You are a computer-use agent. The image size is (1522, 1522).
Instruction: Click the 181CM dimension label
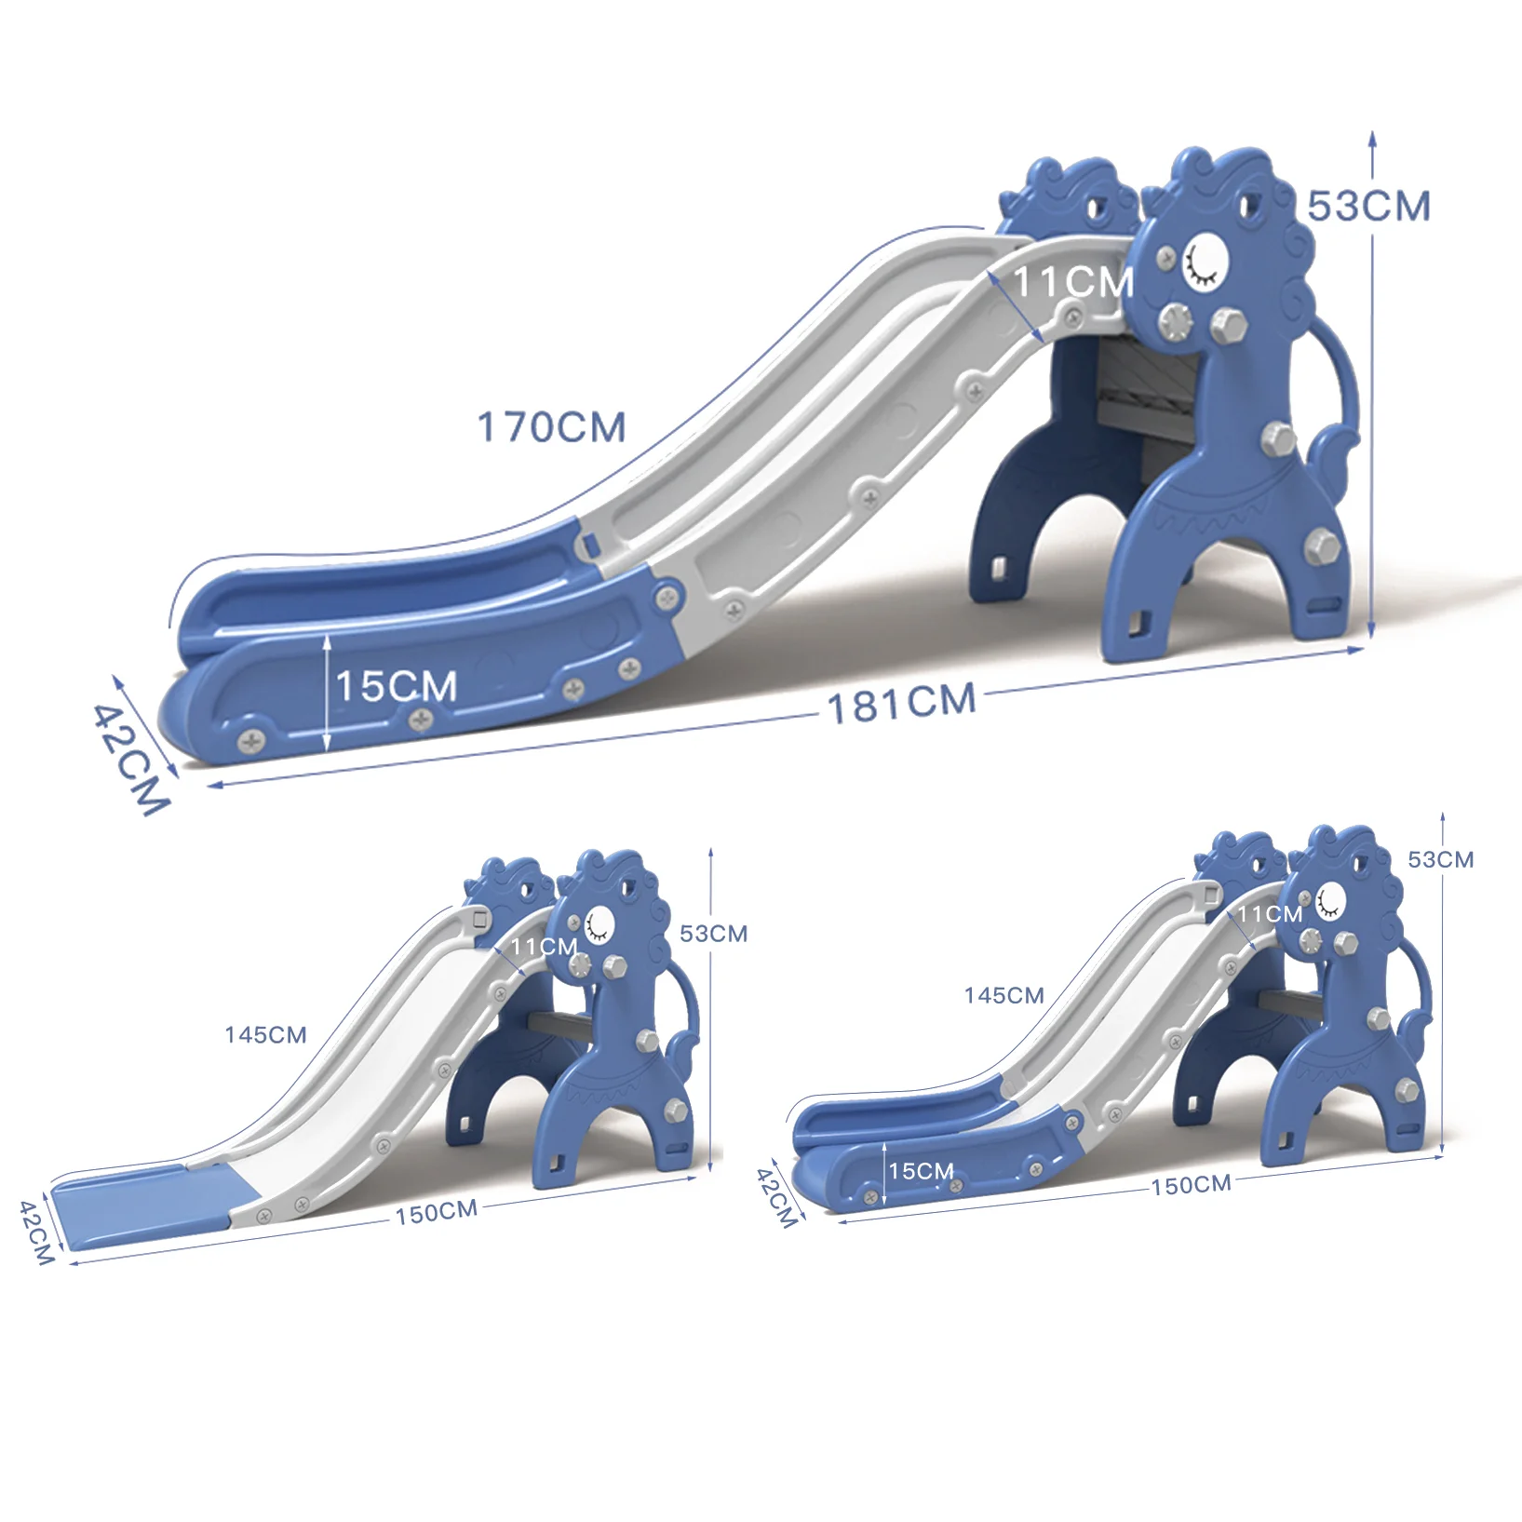click(x=902, y=703)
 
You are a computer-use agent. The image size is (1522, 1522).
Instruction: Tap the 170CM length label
click(x=552, y=427)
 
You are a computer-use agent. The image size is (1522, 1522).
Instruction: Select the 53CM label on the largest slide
click(x=1368, y=207)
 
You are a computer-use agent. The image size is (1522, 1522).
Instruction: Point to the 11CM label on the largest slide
click(x=1073, y=282)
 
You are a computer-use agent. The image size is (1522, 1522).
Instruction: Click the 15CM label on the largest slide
click(x=397, y=686)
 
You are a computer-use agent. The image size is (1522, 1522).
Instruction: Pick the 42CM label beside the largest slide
click(x=131, y=760)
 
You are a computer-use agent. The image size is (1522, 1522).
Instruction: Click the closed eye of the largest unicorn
click(x=1204, y=263)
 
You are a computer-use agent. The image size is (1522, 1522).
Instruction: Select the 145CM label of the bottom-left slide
click(x=265, y=1035)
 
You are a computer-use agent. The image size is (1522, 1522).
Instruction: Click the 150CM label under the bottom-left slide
click(x=437, y=1212)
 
